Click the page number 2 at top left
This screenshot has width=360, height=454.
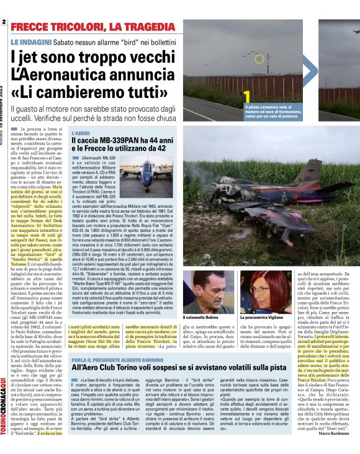pyautogui.click(x=4, y=22)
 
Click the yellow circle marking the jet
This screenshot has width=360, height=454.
pyautogui.click(x=259, y=59)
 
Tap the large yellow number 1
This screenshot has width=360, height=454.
pyautogui.click(x=246, y=98)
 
